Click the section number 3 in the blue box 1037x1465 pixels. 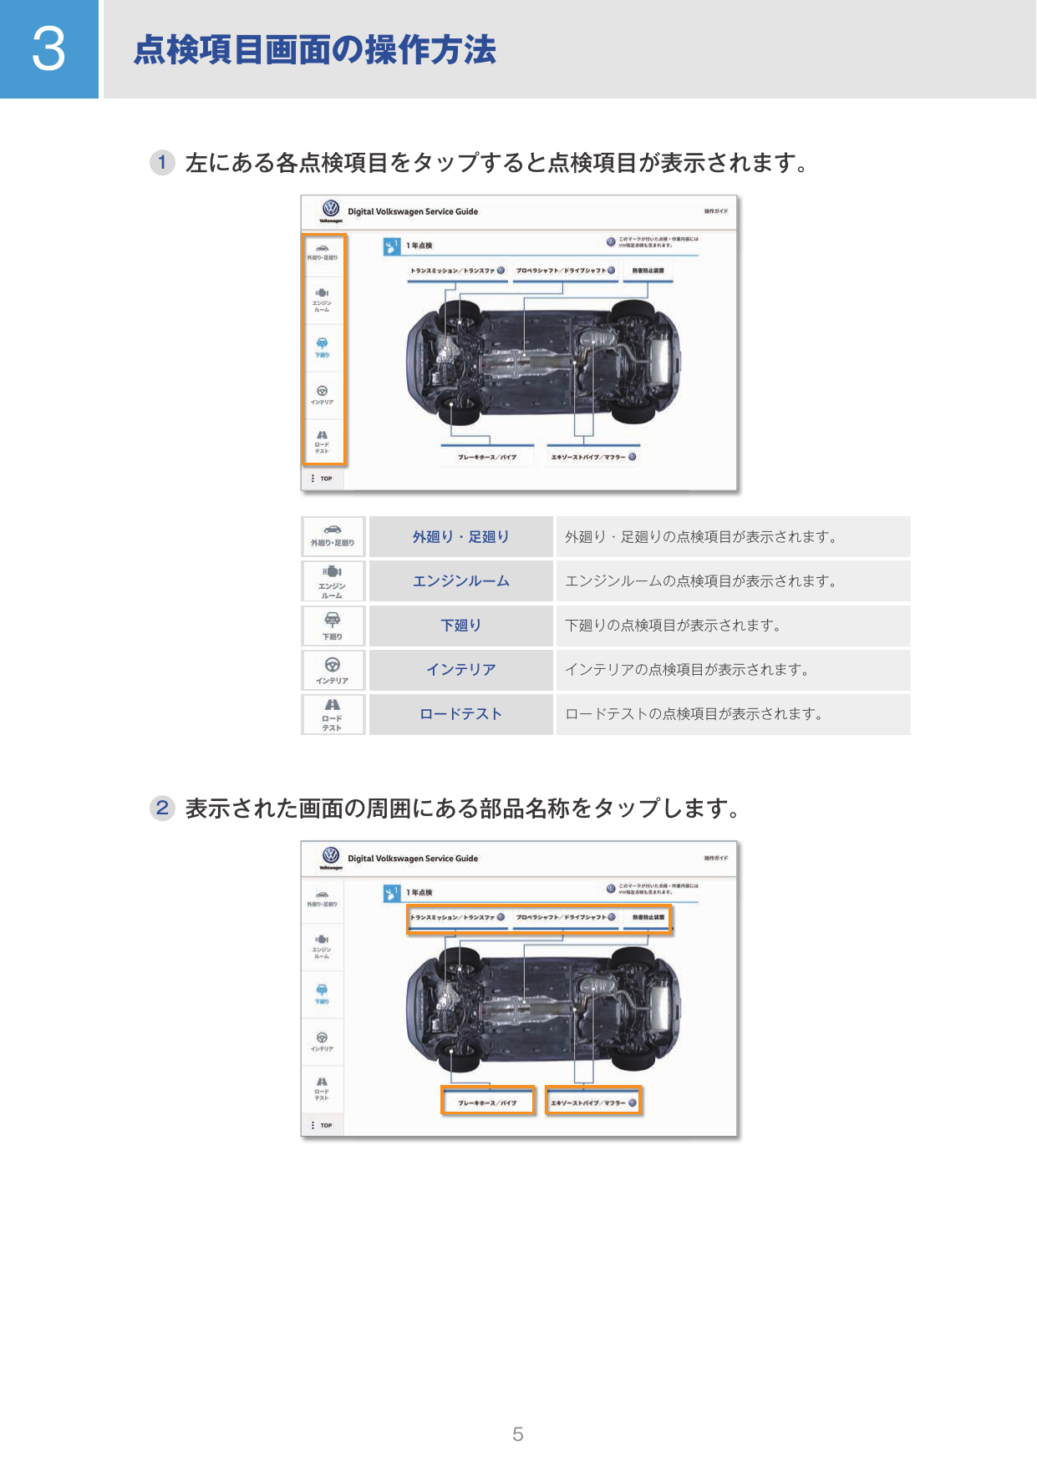(x=48, y=49)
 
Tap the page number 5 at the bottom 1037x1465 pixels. (x=518, y=1434)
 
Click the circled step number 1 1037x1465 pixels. (x=162, y=162)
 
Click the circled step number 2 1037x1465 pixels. (x=162, y=808)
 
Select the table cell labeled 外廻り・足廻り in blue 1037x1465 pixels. (x=460, y=537)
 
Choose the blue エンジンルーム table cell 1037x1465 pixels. (x=460, y=581)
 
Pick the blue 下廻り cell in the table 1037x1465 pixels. (x=460, y=626)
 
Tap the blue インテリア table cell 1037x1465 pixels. (x=460, y=670)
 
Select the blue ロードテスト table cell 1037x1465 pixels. (x=460, y=714)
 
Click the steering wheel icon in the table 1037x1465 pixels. (x=333, y=666)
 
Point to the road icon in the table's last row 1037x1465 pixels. (x=333, y=706)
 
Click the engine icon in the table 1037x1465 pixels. (x=333, y=572)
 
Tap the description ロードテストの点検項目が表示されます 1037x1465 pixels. (x=694, y=714)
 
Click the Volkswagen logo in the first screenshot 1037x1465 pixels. (x=331, y=208)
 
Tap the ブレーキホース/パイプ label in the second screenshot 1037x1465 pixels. (x=487, y=1103)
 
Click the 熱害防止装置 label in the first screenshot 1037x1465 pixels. (x=648, y=271)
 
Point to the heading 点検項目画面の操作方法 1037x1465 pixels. (x=315, y=50)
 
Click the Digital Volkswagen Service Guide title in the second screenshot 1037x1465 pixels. (x=413, y=859)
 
